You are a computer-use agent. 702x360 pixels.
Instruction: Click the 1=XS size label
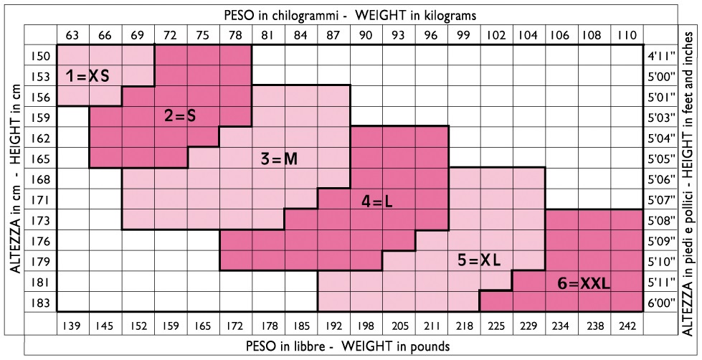pyautogui.click(x=87, y=75)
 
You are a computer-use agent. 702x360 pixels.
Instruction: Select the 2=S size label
pyautogui.click(x=179, y=115)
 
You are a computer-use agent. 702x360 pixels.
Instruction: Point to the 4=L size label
pyautogui.click(x=377, y=202)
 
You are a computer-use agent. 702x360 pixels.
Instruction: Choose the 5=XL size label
pyautogui.click(x=478, y=260)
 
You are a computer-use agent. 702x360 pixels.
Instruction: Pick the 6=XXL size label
pyautogui.click(x=583, y=284)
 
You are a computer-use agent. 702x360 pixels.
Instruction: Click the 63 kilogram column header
pyautogui.click(x=72, y=34)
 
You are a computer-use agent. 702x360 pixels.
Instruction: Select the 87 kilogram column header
pyautogui.click(x=333, y=34)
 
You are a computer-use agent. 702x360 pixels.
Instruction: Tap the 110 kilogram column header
pyautogui.click(x=626, y=34)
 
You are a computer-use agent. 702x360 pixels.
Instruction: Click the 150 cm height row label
pyautogui.click(x=41, y=55)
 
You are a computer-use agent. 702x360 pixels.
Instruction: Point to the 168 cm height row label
pyautogui.click(x=41, y=179)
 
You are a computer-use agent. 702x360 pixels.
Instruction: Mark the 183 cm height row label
pyautogui.click(x=41, y=303)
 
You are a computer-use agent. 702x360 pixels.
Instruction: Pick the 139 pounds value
pyautogui.click(x=72, y=326)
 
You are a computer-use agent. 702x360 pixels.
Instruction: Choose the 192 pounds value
pyautogui.click(x=333, y=326)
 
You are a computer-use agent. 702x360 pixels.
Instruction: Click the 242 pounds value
pyautogui.click(x=626, y=326)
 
